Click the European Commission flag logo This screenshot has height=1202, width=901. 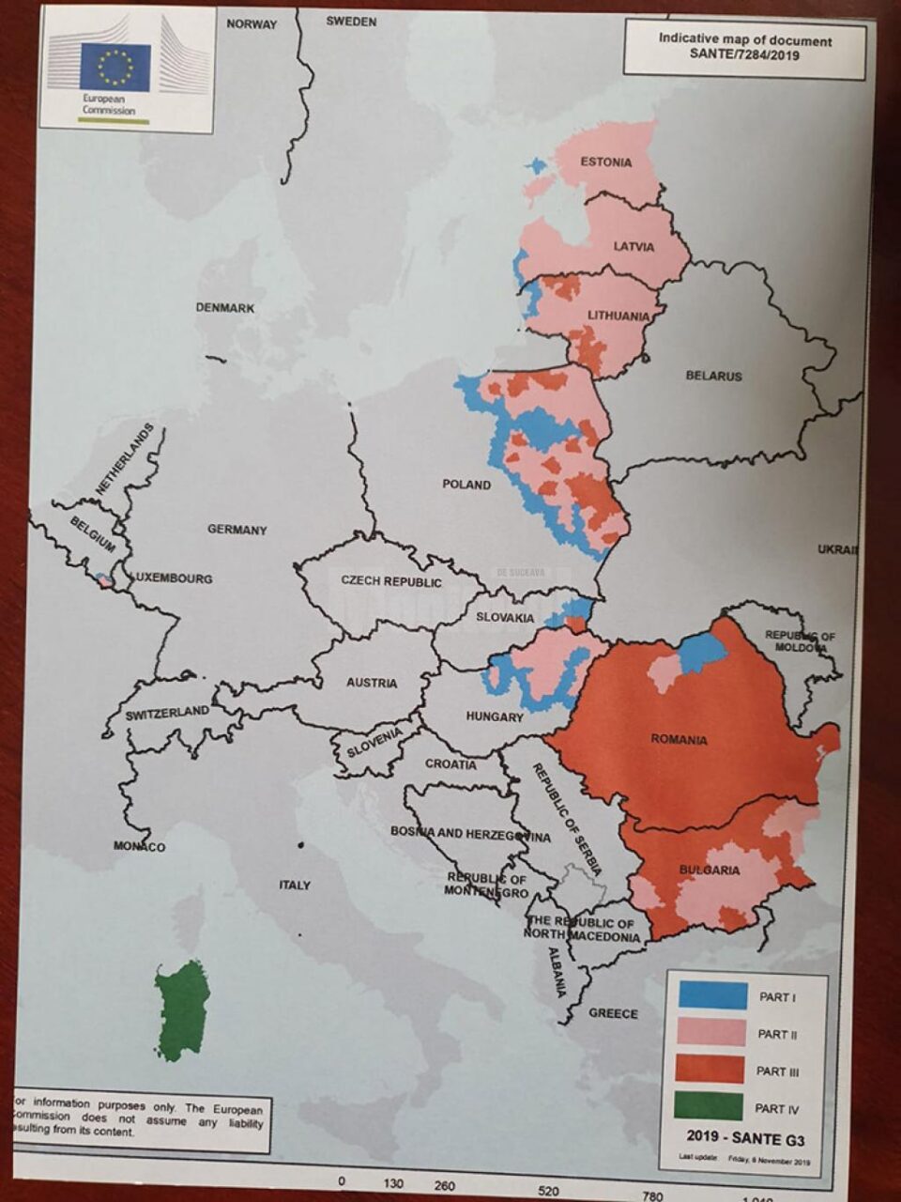click(x=115, y=67)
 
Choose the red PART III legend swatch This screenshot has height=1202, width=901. click(x=709, y=1071)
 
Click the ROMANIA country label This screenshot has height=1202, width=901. click(x=679, y=740)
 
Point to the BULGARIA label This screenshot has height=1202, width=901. click(x=709, y=871)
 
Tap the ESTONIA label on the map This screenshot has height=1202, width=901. click(x=605, y=162)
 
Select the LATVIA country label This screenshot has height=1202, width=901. click(x=634, y=247)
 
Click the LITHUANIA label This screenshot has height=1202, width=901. click(x=618, y=316)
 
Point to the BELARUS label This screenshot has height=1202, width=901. click(x=713, y=376)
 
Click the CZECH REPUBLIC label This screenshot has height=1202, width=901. click(x=390, y=581)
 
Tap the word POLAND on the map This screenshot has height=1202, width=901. click(x=466, y=485)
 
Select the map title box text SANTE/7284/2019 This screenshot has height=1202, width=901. click(x=744, y=55)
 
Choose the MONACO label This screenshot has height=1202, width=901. click(x=139, y=847)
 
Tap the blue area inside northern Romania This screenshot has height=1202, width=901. click(x=701, y=652)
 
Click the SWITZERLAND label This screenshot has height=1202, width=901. click(x=167, y=714)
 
